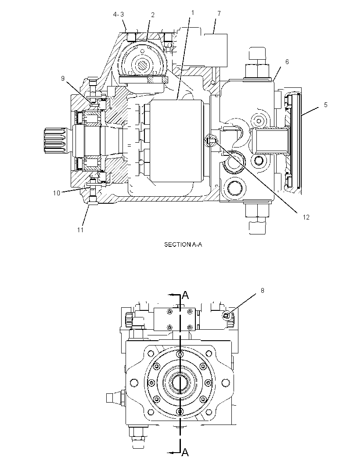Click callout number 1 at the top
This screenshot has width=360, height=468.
click(x=193, y=13)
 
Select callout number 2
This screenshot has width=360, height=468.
click(x=153, y=15)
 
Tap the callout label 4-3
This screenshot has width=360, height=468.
click(x=119, y=14)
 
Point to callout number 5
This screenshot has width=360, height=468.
click(x=326, y=105)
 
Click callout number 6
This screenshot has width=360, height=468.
click(x=287, y=62)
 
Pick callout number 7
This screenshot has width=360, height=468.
click(x=219, y=14)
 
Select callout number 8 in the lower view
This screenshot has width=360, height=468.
click(x=263, y=290)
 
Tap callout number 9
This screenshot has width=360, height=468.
click(x=63, y=78)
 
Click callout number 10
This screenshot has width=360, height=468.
click(x=57, y=193)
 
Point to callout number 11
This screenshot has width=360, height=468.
click(x=80, y=230)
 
